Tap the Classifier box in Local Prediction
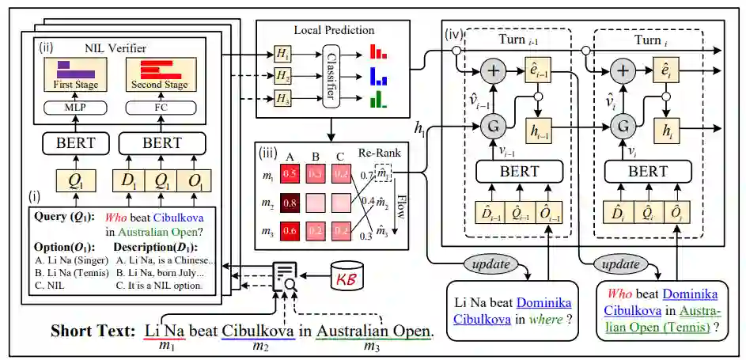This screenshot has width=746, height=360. pos(333,77)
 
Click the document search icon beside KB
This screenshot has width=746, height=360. pos(286,276)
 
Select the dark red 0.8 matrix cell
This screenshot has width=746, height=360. pos(290,203)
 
